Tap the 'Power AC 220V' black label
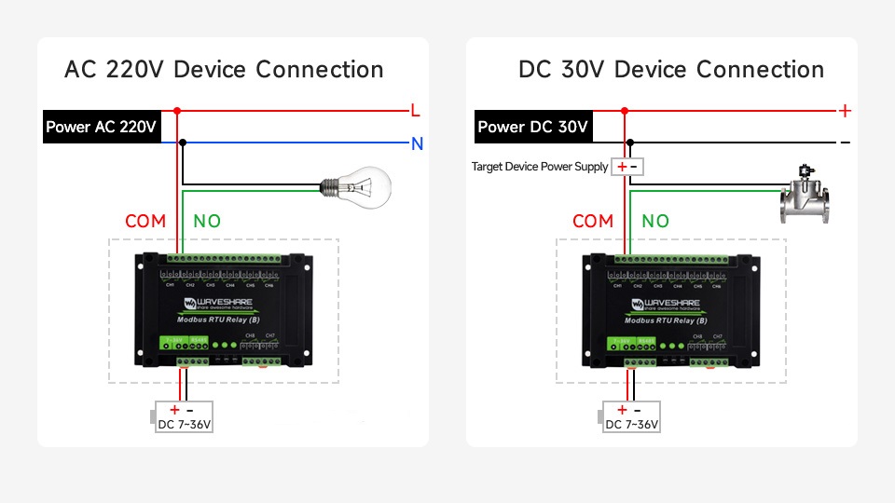pos(101,128)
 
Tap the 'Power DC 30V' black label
pos(532,128)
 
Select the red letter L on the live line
pos(416,111)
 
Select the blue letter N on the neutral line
pos(417,143)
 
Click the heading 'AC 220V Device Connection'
pos(224,70)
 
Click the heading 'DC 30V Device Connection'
pos(671,70)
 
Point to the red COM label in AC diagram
pos(145,221)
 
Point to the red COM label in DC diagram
pos(593,221)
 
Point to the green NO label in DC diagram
pos(655,221)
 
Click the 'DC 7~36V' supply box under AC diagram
pos(185,417)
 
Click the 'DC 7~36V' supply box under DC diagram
pos(632,417)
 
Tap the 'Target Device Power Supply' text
pos(540,167)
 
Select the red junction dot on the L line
pos(177,111)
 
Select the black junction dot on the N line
pos(183,143)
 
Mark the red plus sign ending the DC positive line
pos(845,111)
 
